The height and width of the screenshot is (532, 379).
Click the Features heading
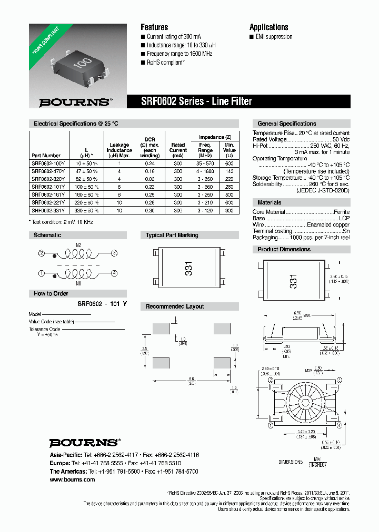point(154,27)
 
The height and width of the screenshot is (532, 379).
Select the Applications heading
point(268,27)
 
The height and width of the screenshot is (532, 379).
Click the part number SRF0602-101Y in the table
point(48,187)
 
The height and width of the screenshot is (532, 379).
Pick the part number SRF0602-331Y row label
point(48,210)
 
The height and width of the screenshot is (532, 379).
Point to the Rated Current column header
point(178,148)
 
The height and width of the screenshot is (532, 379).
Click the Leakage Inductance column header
point(119,150)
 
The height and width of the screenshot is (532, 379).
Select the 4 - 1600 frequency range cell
point(205,171)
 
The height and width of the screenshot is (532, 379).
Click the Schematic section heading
point(47,235)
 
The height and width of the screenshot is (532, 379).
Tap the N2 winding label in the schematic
point(78,245)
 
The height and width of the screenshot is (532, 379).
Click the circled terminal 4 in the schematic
point(114,273)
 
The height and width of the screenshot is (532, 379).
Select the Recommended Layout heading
point(175,306)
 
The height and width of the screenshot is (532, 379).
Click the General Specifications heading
point(287,124)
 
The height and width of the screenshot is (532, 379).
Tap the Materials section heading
point(269,202)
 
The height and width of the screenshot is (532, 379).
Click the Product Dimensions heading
point(284,249)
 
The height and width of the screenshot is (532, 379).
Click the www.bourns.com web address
point(72,479)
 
